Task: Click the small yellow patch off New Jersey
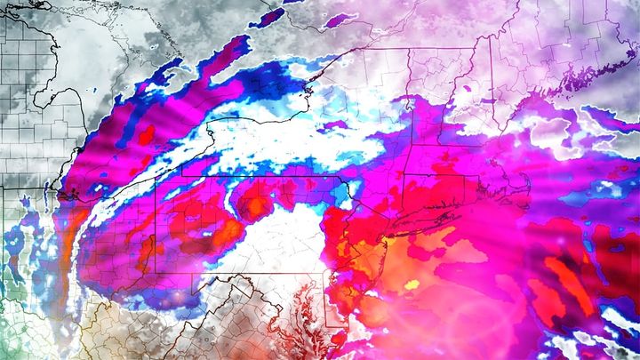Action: click(x=411, y=285)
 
